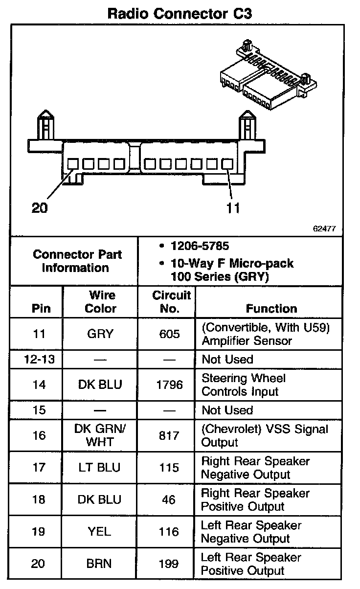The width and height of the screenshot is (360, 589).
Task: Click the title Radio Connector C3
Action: point(180,13)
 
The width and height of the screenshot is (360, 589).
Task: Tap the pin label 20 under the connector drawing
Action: point(40,208)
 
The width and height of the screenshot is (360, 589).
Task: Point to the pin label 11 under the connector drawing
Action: point(233,208)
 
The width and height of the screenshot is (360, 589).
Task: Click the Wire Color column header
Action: point(101,302)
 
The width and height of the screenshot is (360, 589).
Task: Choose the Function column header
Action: point(271,309)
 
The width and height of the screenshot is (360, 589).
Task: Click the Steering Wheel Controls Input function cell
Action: point(244,385)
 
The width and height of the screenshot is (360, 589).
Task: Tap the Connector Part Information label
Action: point(78,261)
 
